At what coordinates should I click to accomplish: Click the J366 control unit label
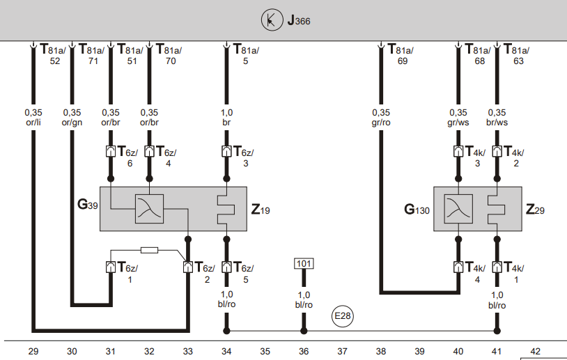point(298,21)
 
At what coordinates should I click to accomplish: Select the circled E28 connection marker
point(342,316)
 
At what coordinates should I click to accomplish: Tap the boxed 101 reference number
point(304,264)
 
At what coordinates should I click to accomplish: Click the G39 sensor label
point(88,205)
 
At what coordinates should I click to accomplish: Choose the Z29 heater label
point(536,208)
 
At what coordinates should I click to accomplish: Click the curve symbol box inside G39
point(149,208)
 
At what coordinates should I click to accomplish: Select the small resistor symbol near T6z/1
point(149,249)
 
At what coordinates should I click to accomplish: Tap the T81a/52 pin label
point(52,55)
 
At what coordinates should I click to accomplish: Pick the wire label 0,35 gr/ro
point(381,118)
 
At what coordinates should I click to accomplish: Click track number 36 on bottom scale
point(304,352)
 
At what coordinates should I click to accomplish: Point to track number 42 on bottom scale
point(535,352)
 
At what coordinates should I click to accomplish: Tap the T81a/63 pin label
point(515,55)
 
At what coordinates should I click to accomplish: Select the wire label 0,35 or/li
point(33,118)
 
